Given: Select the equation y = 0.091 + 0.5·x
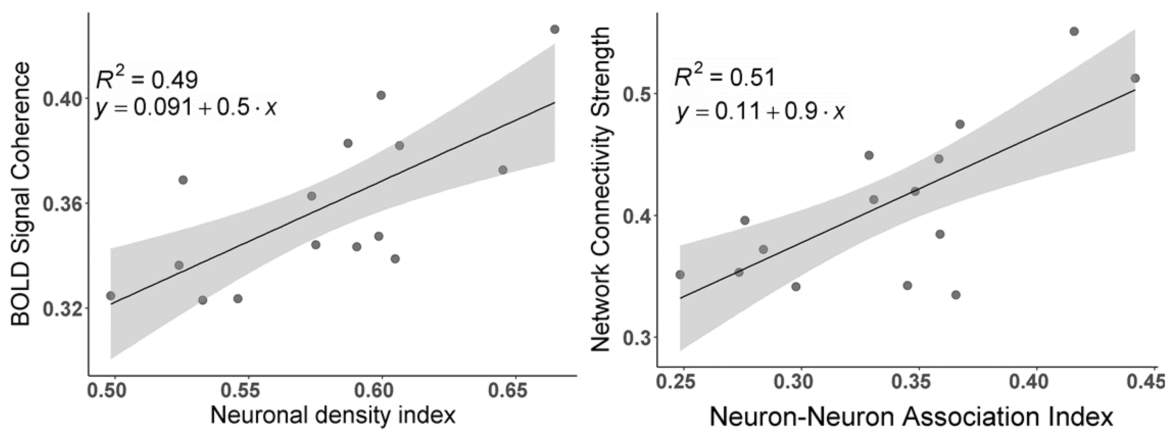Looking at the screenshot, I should click(x=186, y=109).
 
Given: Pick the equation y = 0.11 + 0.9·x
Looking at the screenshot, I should click(x=760, y=112).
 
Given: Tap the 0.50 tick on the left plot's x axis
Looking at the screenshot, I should click(x=114, y=391).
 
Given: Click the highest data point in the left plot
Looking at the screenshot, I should click(x=555, y=29).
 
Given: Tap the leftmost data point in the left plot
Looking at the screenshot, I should click(x=111, y=296).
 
